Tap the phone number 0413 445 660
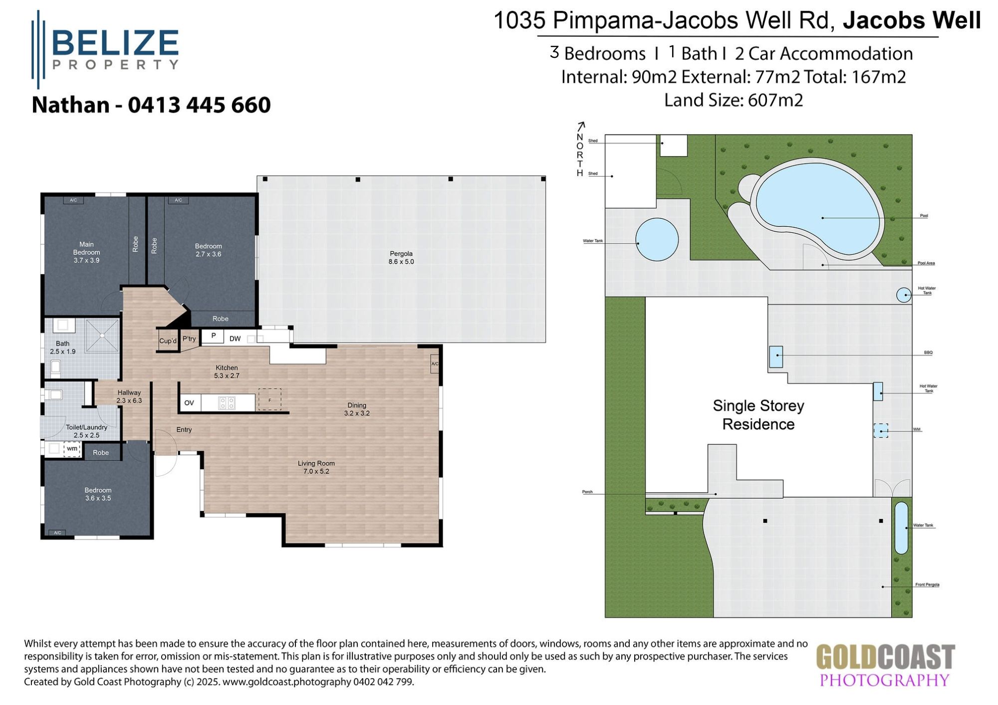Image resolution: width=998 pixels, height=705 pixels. (x=199, y=105)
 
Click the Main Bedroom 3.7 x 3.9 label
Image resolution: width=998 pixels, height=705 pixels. (x=86, y=252)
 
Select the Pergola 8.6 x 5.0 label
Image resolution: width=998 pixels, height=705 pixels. (x=401, y=257)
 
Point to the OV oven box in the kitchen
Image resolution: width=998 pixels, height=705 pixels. (x=189, y=403)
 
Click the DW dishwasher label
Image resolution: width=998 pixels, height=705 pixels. (x=235, y=339)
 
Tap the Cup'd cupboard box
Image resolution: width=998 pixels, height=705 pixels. (x=168, y=341)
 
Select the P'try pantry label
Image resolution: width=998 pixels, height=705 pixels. (x=189, y=339)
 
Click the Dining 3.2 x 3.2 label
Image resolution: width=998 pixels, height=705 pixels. (x=357, y=409)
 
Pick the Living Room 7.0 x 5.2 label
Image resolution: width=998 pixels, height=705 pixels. (x=316, y=467)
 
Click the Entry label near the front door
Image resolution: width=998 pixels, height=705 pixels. (x=184, y=429)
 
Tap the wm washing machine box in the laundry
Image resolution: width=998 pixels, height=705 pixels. (x=72, y=448)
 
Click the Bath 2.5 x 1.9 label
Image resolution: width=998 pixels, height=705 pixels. (x=62, y=347)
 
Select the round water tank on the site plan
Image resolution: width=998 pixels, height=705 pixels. (x=657, y=240)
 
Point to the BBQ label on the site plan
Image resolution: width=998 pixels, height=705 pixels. (x=928, y=352)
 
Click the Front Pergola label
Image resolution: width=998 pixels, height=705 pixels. (x=927, y=584)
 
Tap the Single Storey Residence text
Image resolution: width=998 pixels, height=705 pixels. (x=758, y=415)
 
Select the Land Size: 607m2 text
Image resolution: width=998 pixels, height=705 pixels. (x=733, y=100)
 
